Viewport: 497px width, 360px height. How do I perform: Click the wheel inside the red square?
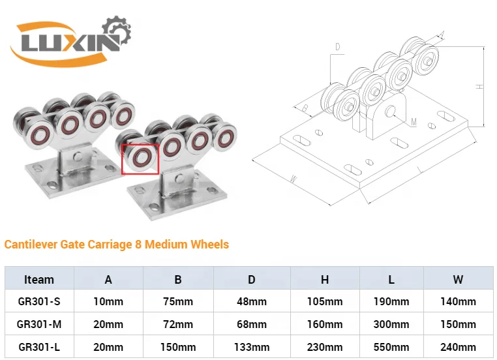pos(140,159)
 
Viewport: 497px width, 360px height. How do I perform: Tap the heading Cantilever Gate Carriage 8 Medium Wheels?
pos(117,245)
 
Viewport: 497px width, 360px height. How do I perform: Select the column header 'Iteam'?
pos(39,279)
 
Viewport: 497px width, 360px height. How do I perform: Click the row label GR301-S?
pos(39,301)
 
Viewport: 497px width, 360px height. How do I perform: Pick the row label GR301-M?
pos(39,324)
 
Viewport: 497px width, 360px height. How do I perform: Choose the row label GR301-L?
pos(39,346)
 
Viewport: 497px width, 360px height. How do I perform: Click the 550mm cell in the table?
pos(391,346)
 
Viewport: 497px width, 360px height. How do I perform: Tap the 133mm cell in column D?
pos(251,346)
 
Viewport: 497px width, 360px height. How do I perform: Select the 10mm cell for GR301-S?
pos(108,301)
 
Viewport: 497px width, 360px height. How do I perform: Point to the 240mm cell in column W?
pos(459,346)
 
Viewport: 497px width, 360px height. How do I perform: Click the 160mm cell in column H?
pos(324,324)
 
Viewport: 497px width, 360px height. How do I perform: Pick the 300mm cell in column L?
pos(391,324)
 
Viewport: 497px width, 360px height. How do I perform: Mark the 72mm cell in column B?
pos(178,324)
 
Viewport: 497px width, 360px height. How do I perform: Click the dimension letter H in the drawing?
pos(479,86)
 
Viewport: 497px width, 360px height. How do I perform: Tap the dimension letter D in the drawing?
pos(338,46)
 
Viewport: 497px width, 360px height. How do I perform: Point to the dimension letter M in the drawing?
pos(414,121)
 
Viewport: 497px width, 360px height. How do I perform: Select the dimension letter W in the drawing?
pos(294,178)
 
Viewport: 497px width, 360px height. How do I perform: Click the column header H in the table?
pos(324,279)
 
